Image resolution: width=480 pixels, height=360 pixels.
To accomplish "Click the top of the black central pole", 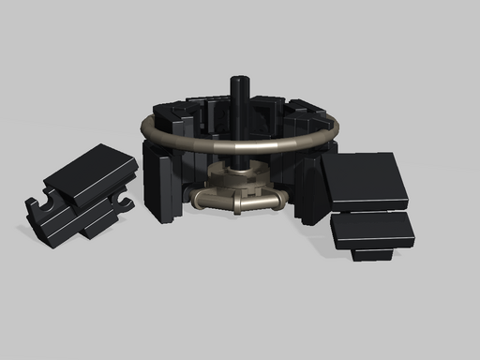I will tap(240, 79).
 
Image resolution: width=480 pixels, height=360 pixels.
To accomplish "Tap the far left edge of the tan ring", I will tap(143, 127).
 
